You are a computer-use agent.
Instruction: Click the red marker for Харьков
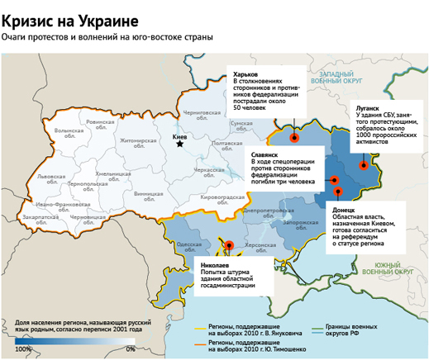[x=295, y=128]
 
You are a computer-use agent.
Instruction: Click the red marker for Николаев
[x=229, y=245]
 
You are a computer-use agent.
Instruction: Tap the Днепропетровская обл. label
[x=265, y=213]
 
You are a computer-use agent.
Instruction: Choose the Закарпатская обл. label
[x=41, y=220]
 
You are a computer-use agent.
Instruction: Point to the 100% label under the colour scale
[x=23, y=349]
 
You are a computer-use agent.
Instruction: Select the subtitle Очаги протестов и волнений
[x=107, y=37]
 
